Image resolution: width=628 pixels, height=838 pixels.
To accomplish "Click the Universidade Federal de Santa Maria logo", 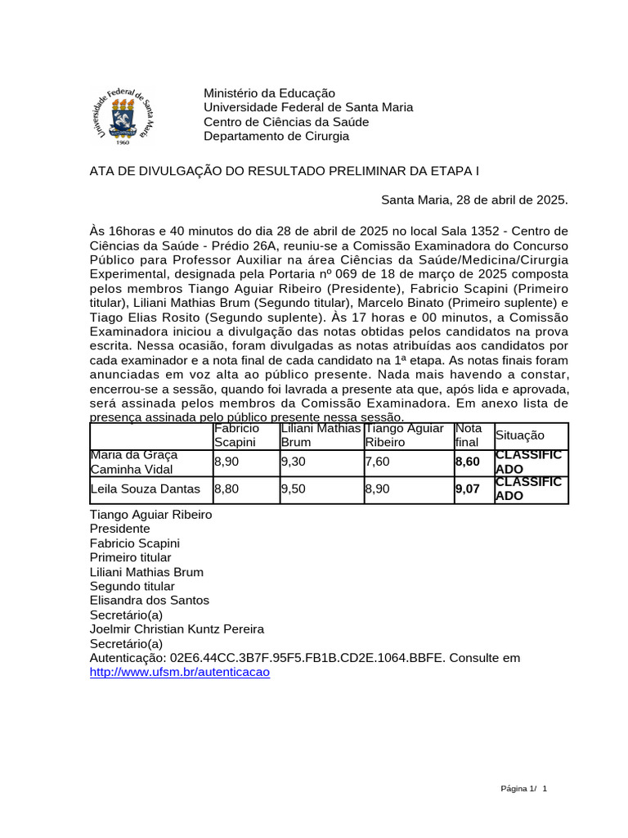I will click(x=121, y=115).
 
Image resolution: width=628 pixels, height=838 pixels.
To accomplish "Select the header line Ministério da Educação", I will click(x=269, y=93).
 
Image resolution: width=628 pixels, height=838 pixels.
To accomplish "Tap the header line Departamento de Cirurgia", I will click(x=276, y=137).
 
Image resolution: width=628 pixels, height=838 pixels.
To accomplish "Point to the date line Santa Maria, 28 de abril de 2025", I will click(x=474, y=200).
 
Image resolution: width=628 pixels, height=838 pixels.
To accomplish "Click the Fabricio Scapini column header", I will click(x=236, y=435).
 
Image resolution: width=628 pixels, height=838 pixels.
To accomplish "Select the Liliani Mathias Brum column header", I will click(x=321, y=435).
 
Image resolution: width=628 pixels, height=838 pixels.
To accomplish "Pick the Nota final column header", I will click(x=469, y=435).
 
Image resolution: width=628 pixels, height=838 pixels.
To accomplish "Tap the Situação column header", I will click(x=519, y=436).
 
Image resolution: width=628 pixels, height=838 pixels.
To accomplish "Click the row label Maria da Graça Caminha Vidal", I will click(x=134, y=462).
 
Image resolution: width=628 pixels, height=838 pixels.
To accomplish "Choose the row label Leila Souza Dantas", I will click(x=146, y=489).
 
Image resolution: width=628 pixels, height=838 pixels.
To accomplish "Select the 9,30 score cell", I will click(x=294, y=462).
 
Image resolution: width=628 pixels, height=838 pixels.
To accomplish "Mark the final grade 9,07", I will click(x=467, y=489).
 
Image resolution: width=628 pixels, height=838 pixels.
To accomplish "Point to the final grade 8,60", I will click(x=467, y=462).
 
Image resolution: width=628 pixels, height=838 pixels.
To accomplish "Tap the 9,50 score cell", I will click(x=294, y=489).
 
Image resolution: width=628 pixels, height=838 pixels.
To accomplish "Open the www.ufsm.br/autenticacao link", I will click(x=179, y=672).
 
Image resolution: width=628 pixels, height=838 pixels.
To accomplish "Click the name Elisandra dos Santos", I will click(x=149, y=601).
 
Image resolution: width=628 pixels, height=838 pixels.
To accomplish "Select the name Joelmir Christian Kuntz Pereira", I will click(x=177, y=629).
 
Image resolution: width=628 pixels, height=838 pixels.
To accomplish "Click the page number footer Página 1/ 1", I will click(x=523, y=788).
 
